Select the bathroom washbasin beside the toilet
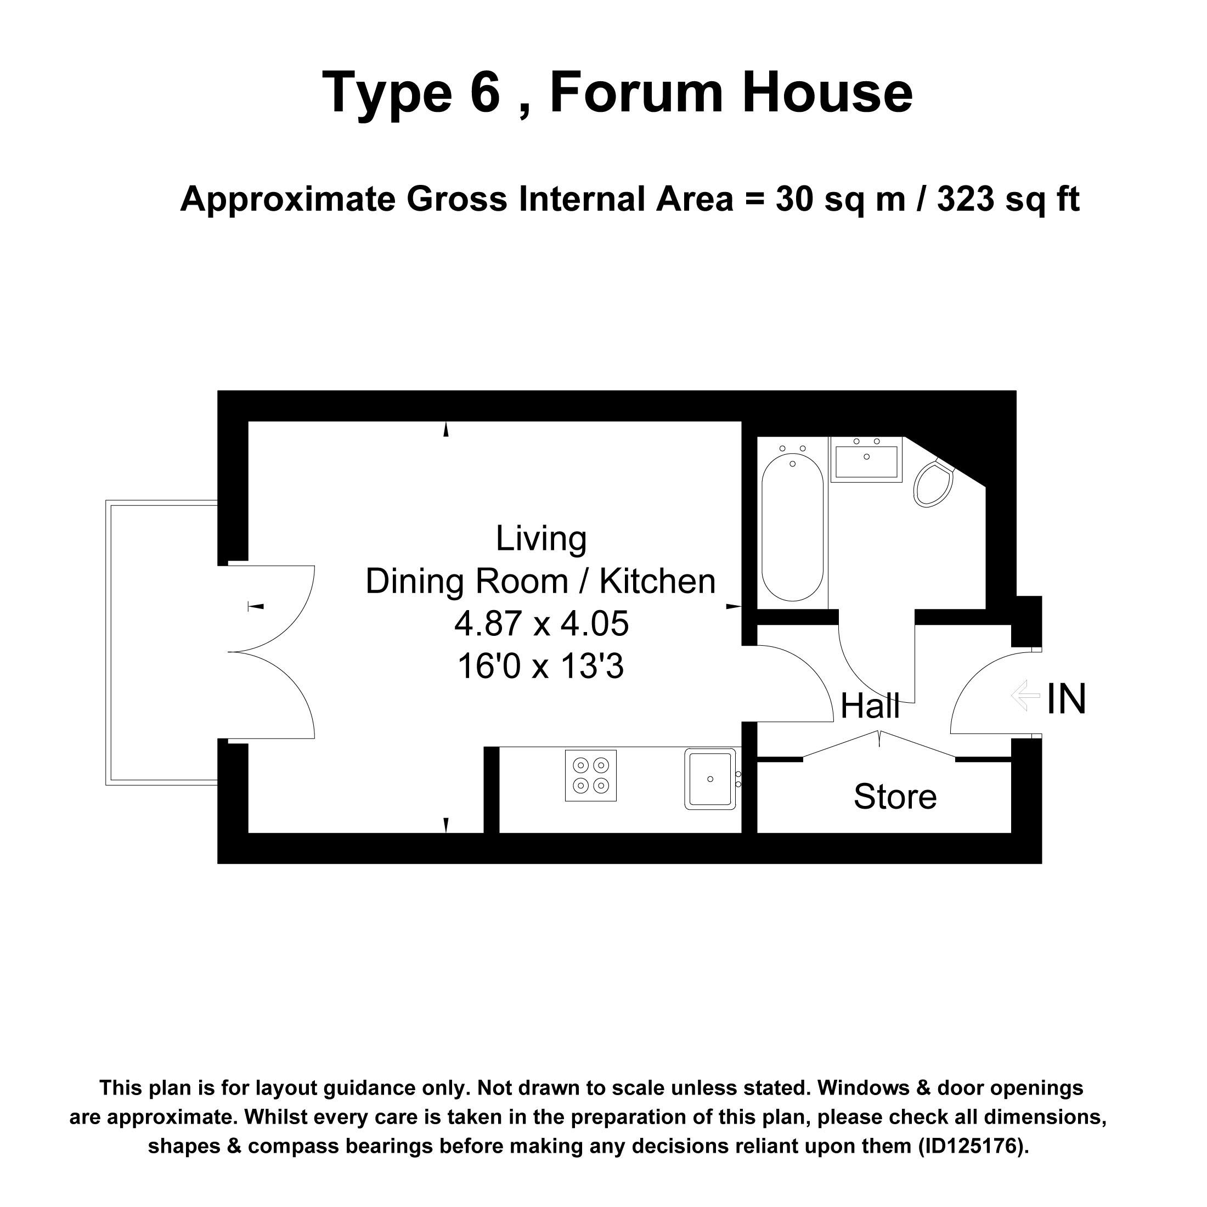[x=866, y=459]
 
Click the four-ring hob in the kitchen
[x=590, y=775]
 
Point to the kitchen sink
[x=710, y=779]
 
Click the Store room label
[x=895, y=797]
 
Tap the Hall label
[x=870, y=707]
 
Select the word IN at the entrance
[x=1067, y=698]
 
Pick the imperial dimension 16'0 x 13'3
[x=541, y=666]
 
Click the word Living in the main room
[x=541, y=539]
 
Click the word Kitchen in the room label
[x=657, y=582]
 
